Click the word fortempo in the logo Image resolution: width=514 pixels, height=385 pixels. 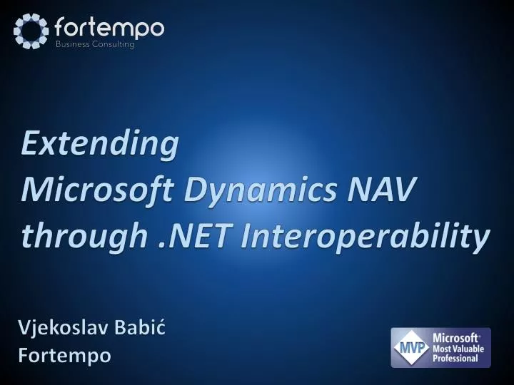(109, 28)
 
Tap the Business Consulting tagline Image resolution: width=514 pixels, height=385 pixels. (95, 44)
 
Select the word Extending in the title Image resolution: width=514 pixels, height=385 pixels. (99, 145)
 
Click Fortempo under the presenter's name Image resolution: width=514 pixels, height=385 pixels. (64, 354)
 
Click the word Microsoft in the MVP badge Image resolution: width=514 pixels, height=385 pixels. (456, 336)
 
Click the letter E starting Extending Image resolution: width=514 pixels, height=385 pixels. (29, 145)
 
